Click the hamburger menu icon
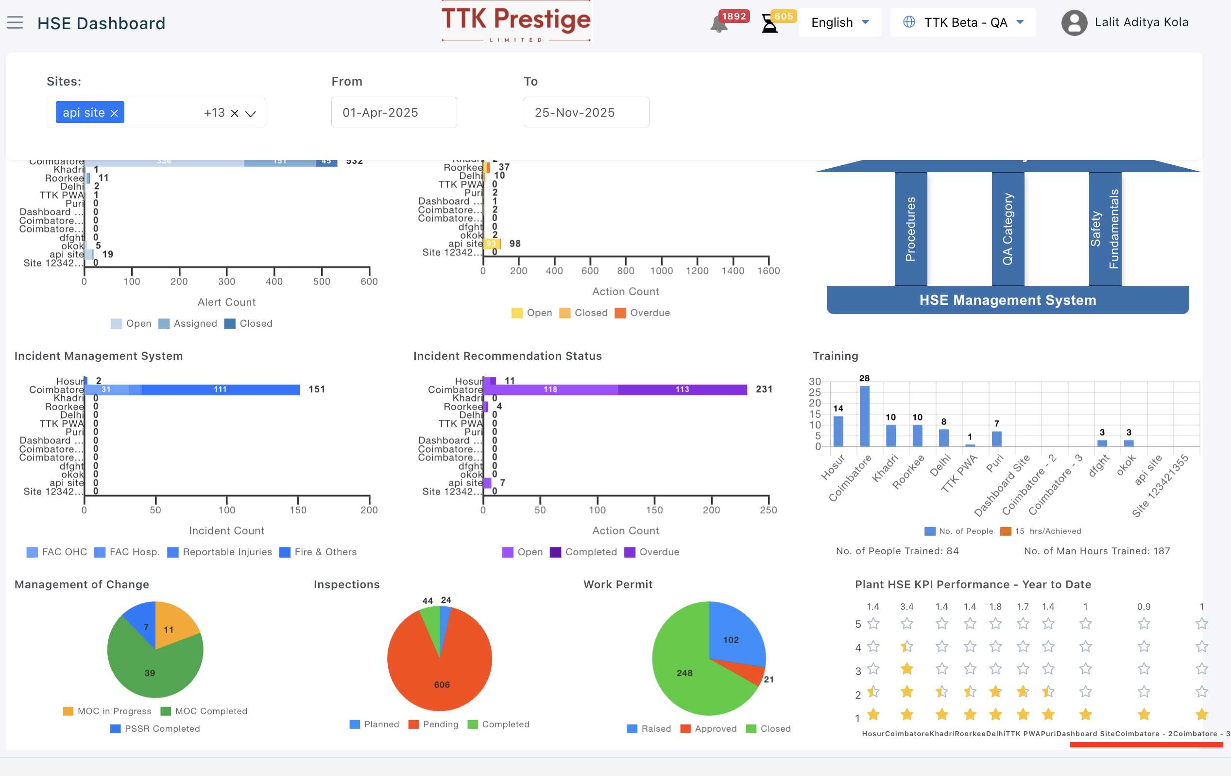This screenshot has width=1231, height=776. coord(16,22)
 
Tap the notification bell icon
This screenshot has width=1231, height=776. coord(718,24)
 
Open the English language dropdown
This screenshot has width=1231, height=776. coord(839,22)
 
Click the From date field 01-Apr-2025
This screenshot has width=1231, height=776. coord(393,112)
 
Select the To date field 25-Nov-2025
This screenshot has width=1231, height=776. coord(586,112)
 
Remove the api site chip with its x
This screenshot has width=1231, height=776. coord(115,113)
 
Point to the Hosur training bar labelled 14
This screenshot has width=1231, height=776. coord(838,431)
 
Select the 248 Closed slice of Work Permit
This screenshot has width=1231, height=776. coord(685,675)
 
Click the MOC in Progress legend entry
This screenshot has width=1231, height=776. coord(107,711)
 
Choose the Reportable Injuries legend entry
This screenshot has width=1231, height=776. coord(221,552)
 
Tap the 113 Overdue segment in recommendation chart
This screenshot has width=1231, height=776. coord(682,390)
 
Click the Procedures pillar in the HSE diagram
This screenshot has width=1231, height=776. coord(910,229)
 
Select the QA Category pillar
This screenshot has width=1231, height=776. coord(1008,229)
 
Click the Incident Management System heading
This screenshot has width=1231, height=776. coord(99,356)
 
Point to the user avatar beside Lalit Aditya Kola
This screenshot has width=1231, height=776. coord(1074,23)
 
